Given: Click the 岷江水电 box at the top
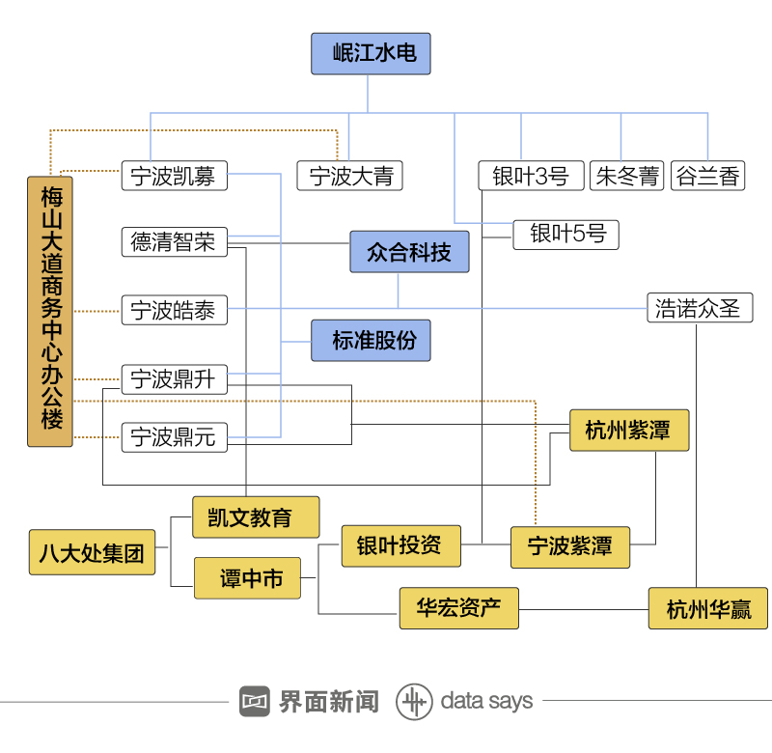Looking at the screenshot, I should pos(370,54).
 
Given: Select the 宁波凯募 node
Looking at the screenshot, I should pos(174,177).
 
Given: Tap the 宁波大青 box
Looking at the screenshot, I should pos(349,177).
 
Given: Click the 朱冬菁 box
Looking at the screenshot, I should pos(627,177).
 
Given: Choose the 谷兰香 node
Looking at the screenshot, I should pos(707,177).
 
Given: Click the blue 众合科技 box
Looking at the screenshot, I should pos(409,253).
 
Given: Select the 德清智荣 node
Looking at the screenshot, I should pos(174,241).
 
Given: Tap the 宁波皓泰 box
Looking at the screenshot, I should pos(174,311).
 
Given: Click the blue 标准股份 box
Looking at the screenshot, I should pos(371,341).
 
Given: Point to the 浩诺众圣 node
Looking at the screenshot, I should pos(699,308).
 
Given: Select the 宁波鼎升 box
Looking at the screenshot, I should pos(174,379).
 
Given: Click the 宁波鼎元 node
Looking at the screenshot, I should pos(174,437).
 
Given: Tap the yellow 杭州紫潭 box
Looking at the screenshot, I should pos(628,431).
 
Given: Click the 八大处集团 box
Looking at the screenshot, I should pos(92,553).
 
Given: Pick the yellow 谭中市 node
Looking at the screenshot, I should pos(247,579).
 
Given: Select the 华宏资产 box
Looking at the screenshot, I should pos(459,609).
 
